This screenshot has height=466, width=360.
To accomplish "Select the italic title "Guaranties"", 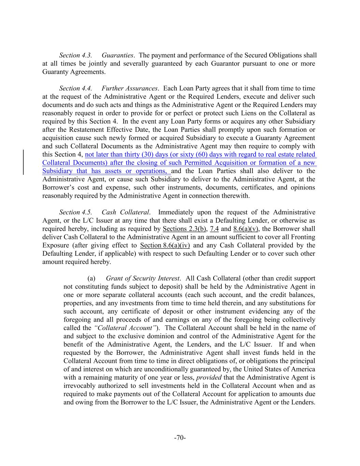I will [x=117, y=55].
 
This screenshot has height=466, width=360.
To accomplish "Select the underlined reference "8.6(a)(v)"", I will [x=246, y=229].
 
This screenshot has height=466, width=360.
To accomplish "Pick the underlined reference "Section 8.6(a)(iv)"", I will [x=165, y=245].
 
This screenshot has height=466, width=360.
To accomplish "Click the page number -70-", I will [x=180, y=438].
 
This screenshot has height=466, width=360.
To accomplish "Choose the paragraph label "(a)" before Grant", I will [x=91, y=279].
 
